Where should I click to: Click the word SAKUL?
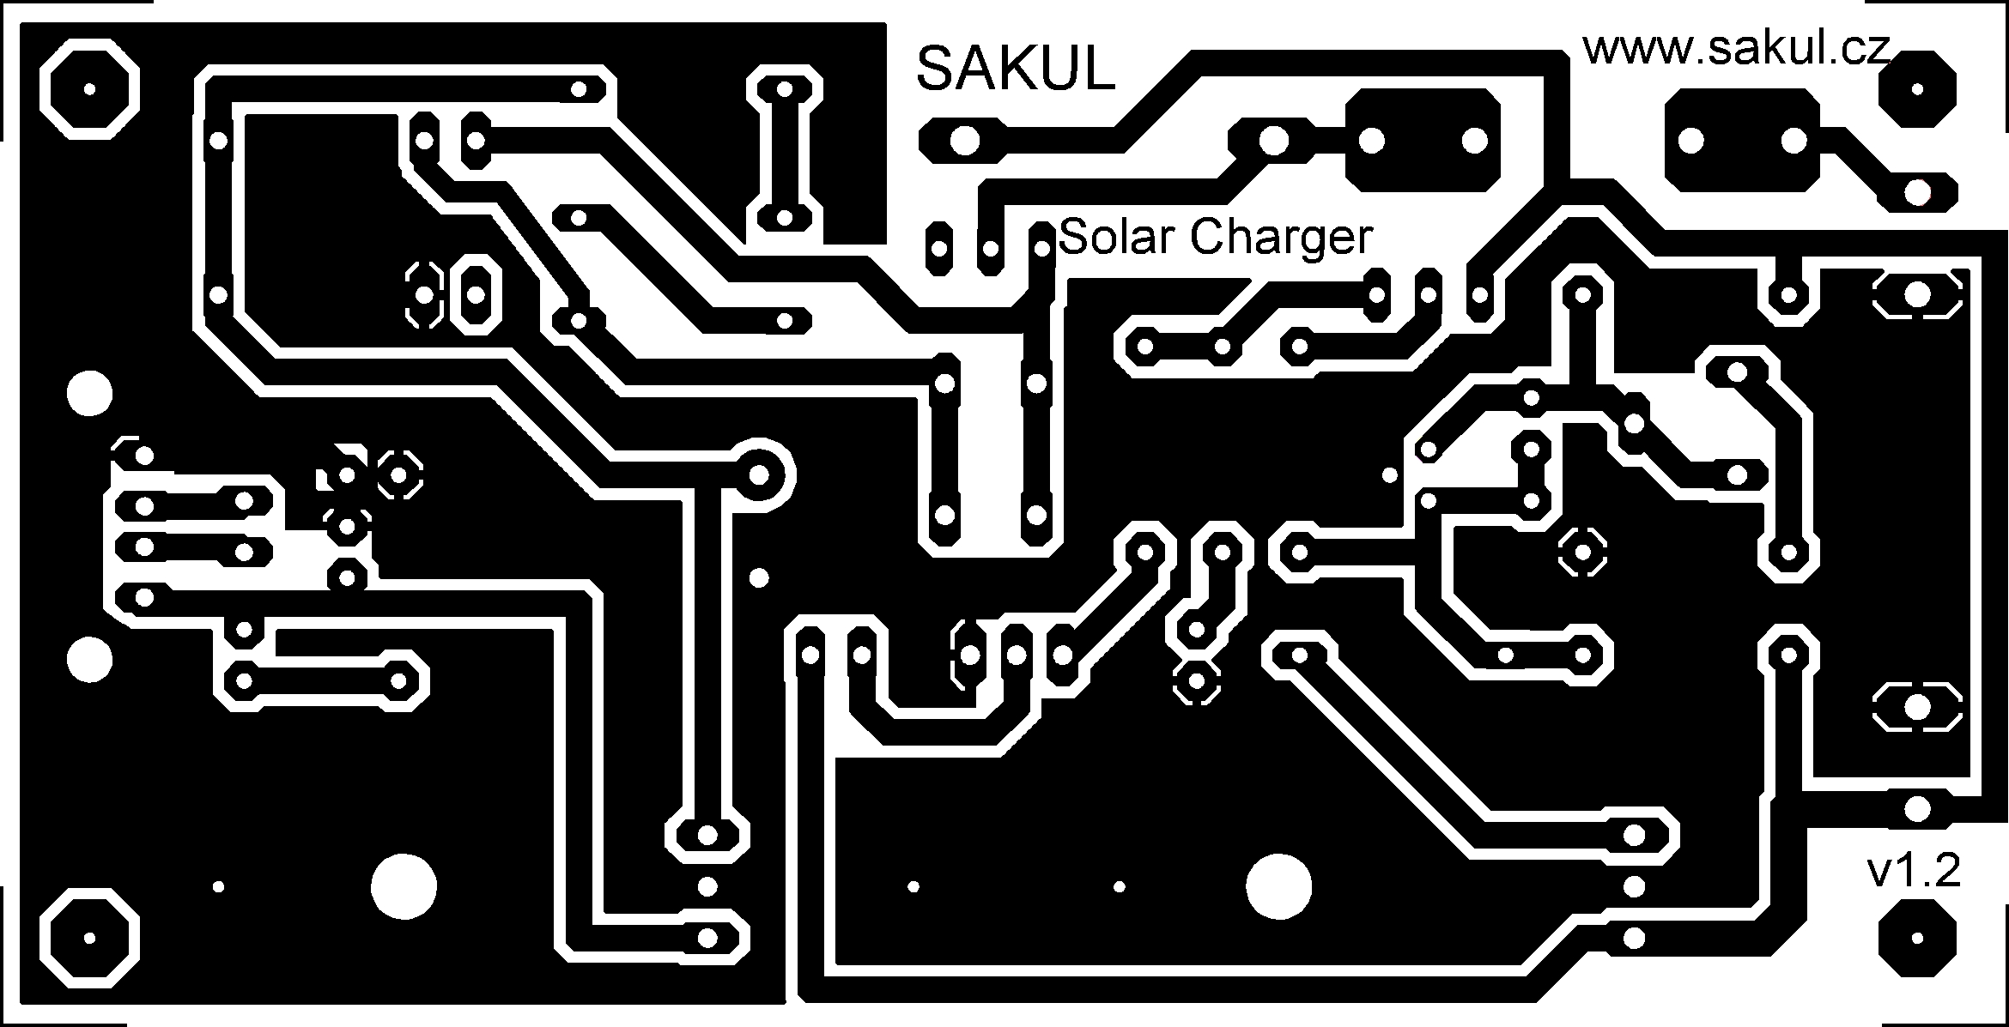tap(1016, 69)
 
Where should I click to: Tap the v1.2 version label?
tap(1914, 873)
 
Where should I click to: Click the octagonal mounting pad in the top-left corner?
tap(89, 89)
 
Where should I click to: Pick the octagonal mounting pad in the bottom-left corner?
tap(89, 938)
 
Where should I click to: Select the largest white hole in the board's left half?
tap(403, 886)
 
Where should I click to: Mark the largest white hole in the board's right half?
tap(1279, 886)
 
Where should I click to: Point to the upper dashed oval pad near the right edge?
tap(1916, 295)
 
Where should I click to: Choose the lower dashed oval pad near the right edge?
tap(1916, 708)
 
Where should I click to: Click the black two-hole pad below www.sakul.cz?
tap(1742, 141)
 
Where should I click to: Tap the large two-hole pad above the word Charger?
tap(1423, 141)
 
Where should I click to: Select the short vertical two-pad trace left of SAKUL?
tap(783, 154)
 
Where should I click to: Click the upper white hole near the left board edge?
tap(89, 394)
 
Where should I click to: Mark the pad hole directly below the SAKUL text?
tap(964, 141)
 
